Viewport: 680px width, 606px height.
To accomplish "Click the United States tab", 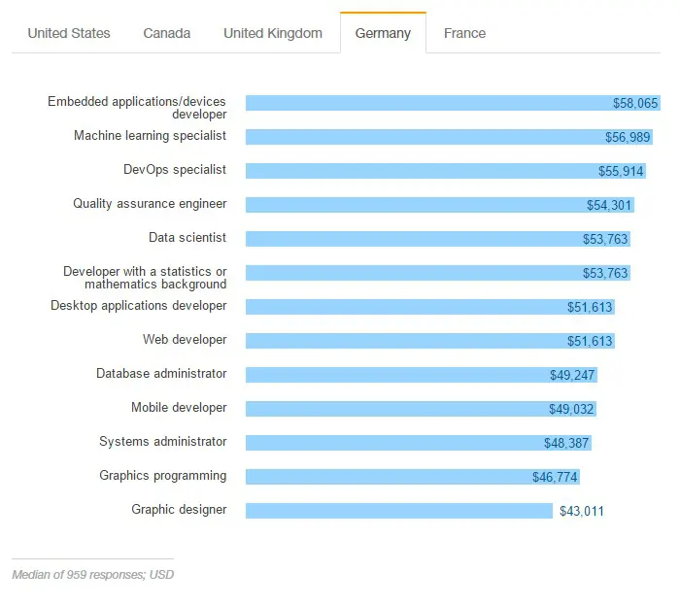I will (69, 33).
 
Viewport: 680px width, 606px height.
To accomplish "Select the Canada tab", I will (167, 33).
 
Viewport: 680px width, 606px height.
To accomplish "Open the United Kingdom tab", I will (273, 33).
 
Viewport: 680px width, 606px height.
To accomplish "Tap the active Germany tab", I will (383, 33).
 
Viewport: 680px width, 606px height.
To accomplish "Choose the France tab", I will (464, 33).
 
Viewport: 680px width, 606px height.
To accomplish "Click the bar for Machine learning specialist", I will (427, 137).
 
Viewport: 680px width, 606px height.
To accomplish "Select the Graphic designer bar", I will (398, 511).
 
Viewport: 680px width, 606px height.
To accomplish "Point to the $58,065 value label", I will (636, 103).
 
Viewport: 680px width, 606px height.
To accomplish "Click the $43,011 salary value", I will (581, 511).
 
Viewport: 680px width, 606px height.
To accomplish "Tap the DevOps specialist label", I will (175, 170).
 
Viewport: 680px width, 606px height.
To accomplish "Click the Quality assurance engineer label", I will (150, 204).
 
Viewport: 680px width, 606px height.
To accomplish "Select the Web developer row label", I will (185, 340).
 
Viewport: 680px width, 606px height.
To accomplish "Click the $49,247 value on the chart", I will (572, 375).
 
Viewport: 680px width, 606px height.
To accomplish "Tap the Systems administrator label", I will (163, 442).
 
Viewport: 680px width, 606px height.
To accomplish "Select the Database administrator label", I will (161, 374).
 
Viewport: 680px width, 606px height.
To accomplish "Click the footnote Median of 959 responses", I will (93, 574).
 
